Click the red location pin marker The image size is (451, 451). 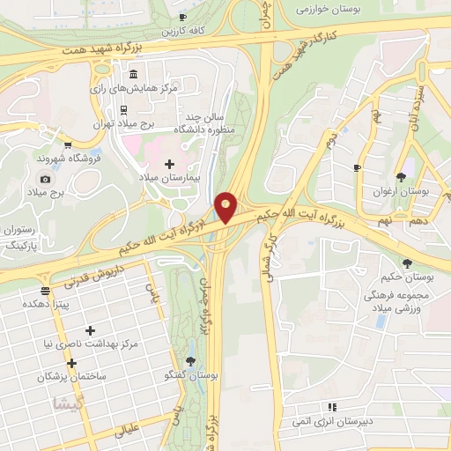point(226,206)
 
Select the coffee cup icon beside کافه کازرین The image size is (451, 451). point(182,17)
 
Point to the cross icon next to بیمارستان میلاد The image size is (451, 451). point(169,164)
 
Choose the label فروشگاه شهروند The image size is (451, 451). point(40,158)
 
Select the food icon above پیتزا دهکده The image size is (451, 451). point(45,290)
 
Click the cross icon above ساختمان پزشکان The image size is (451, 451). point(71,363)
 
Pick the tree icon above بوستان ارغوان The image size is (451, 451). point(401,177)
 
